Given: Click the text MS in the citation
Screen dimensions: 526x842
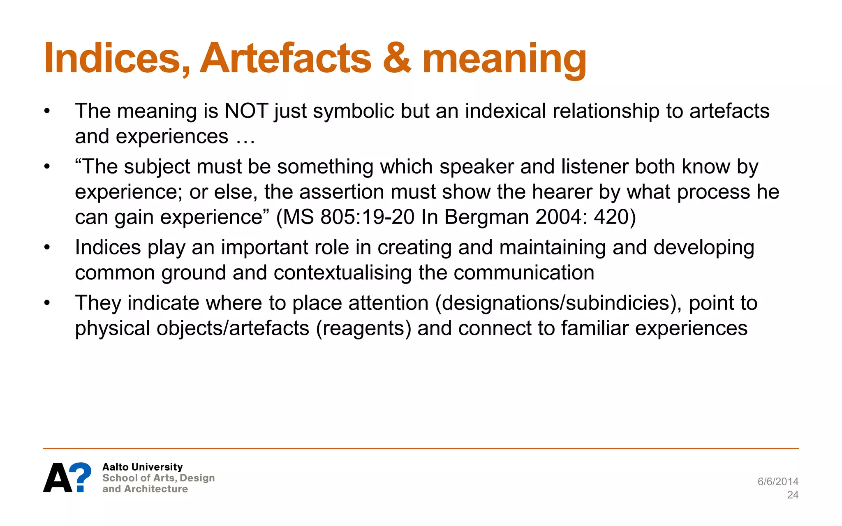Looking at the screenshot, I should click(x=299, y=217).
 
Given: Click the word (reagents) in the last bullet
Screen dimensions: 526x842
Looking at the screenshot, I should click(x=363, y=328).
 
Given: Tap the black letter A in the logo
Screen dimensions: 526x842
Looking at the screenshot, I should click(x=58, y=478).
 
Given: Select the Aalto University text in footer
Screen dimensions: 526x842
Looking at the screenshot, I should click(x=142, y=467).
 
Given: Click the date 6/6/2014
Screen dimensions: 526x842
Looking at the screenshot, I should click(x=777, y=482).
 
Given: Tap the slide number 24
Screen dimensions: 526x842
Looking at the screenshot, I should click(x=792, y=495).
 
